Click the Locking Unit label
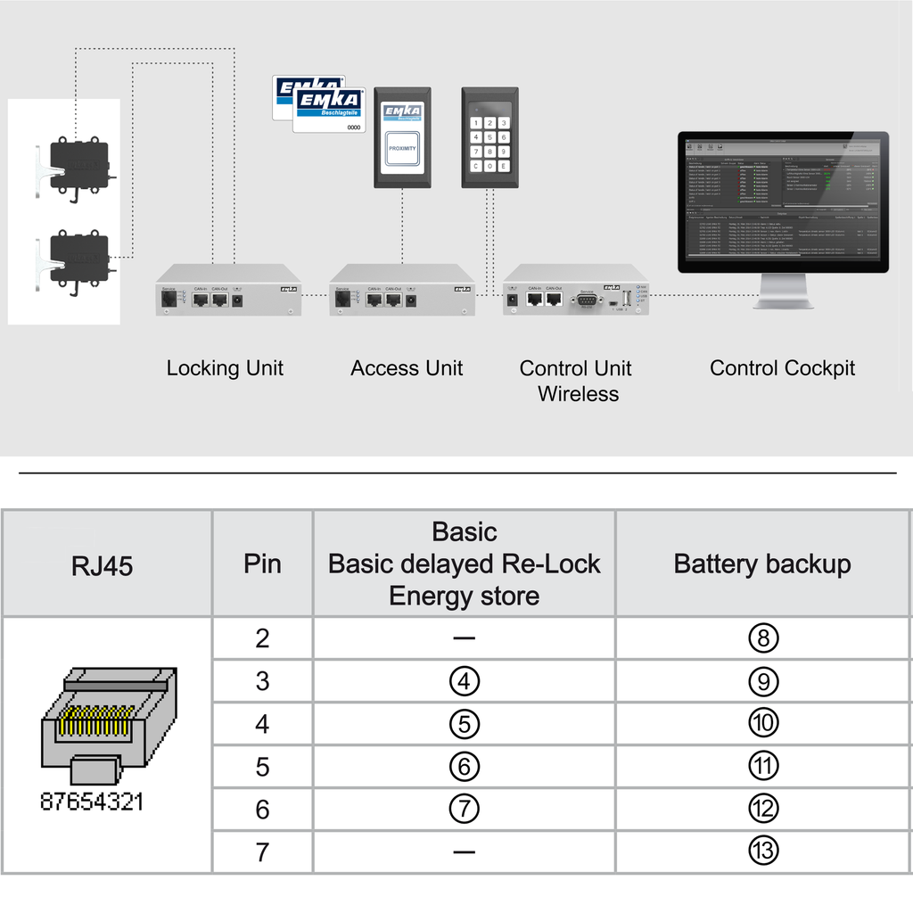click(x=225, y=368)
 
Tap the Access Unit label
click(x=407, y=368)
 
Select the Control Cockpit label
click(x=782, y=368)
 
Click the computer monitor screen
click(x=783, y=201)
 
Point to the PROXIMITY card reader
click(x=402, y=137)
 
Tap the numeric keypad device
click(x=489, y=137)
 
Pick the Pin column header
click(x=262, y=564)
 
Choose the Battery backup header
click(x=762, y=564)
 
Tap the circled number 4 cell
click(x=465, y=681)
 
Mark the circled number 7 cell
click(x=465, y=809)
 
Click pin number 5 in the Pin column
click(x=262, y=767)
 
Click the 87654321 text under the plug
click(x=92, y=801)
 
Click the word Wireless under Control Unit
click(x=578, y=394)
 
